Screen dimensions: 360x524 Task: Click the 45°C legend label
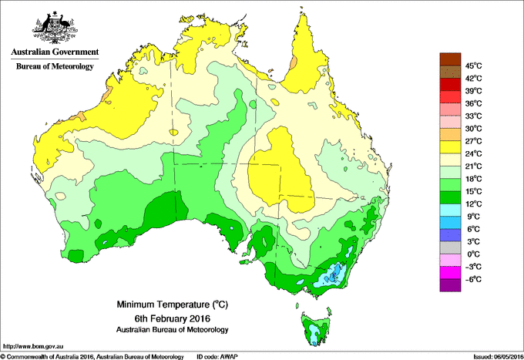coord(473,66)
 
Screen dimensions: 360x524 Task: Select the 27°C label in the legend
coord(473,141)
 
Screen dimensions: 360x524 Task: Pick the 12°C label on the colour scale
coord(473,204)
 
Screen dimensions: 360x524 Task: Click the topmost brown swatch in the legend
coord(449,59)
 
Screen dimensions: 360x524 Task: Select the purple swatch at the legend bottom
coord(449,285)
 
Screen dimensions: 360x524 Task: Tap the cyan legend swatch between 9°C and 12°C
coord(449,210)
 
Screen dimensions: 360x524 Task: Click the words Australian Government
coord(54,52)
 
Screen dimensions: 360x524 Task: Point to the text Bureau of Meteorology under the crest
coord(54,66)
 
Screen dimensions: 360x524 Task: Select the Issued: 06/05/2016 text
coord(495,356)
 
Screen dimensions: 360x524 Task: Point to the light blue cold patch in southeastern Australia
coord(334,272)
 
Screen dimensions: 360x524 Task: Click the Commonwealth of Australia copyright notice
coord(92,356)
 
